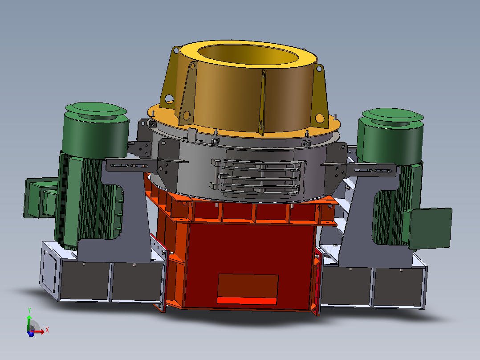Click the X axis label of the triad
47,330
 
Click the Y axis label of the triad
29,311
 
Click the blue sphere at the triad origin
31,334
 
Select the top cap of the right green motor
392,116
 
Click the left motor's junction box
40,197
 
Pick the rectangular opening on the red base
248,289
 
